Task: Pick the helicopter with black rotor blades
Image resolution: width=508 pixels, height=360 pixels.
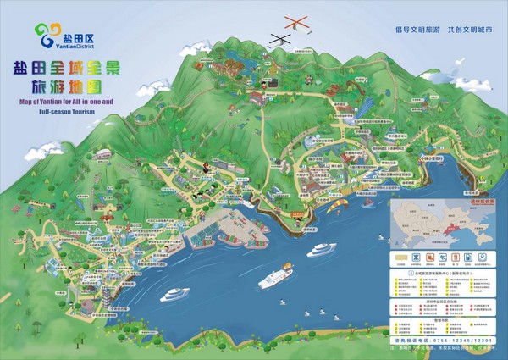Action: click(x=279, y=38)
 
